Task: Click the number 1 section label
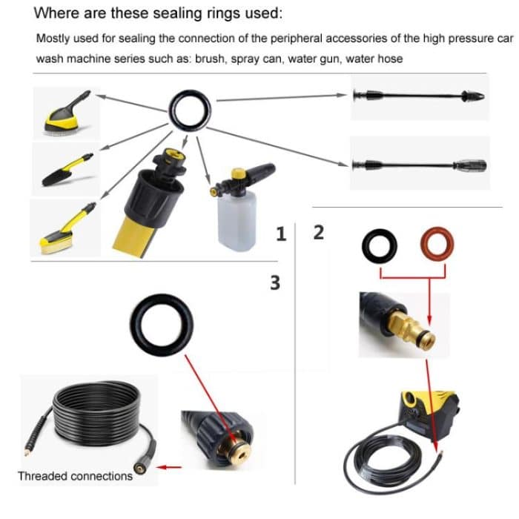[280, 234]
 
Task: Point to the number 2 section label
[319, 232]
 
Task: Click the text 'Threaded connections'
[75, 475]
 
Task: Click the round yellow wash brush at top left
[66, 116]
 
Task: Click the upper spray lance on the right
[419, 97]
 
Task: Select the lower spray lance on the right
[419, 165]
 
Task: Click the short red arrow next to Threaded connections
[171, 468]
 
